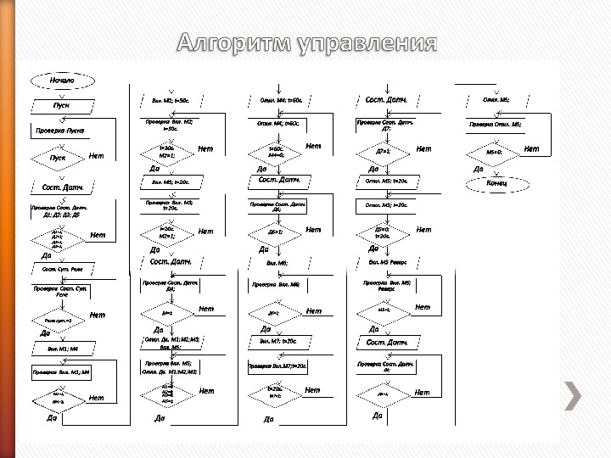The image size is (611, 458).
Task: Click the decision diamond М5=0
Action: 495,153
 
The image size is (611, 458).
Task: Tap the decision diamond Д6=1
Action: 276,232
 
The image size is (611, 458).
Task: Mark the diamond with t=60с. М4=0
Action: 276,153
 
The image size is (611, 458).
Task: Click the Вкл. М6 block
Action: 277,263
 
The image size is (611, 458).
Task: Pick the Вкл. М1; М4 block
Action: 63,349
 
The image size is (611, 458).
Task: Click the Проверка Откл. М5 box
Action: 496,125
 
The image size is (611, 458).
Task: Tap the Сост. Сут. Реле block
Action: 63,269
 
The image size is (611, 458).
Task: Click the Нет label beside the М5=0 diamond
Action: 531,149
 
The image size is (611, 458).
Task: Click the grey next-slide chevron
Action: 575,394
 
